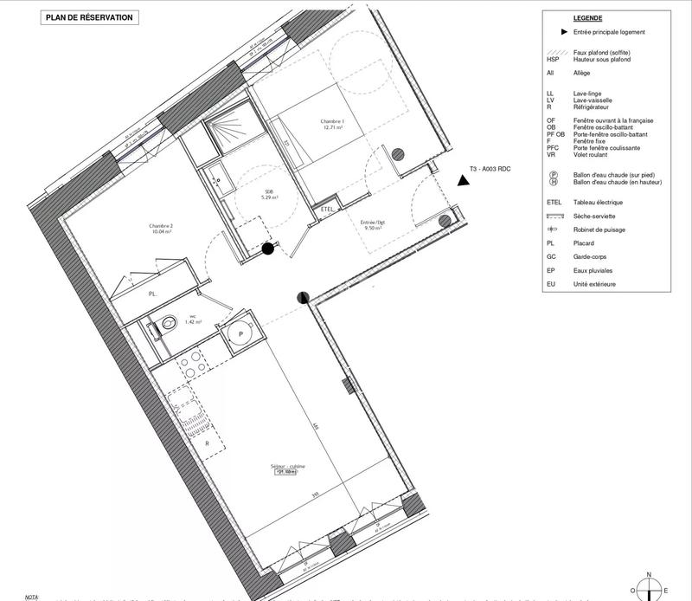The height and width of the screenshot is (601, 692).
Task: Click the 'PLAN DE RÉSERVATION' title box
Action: (88, 16)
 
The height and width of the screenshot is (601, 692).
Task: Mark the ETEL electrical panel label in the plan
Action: (327, 210)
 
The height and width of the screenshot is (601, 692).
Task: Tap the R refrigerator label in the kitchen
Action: (208, 443)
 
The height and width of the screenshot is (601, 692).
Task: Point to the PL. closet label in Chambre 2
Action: (153, 294)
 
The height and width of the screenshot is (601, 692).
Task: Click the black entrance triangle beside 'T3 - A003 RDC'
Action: (465, 180)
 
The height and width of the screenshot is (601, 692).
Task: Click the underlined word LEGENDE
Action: (587, 18)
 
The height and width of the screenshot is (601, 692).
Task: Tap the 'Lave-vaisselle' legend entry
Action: (588, 100)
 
